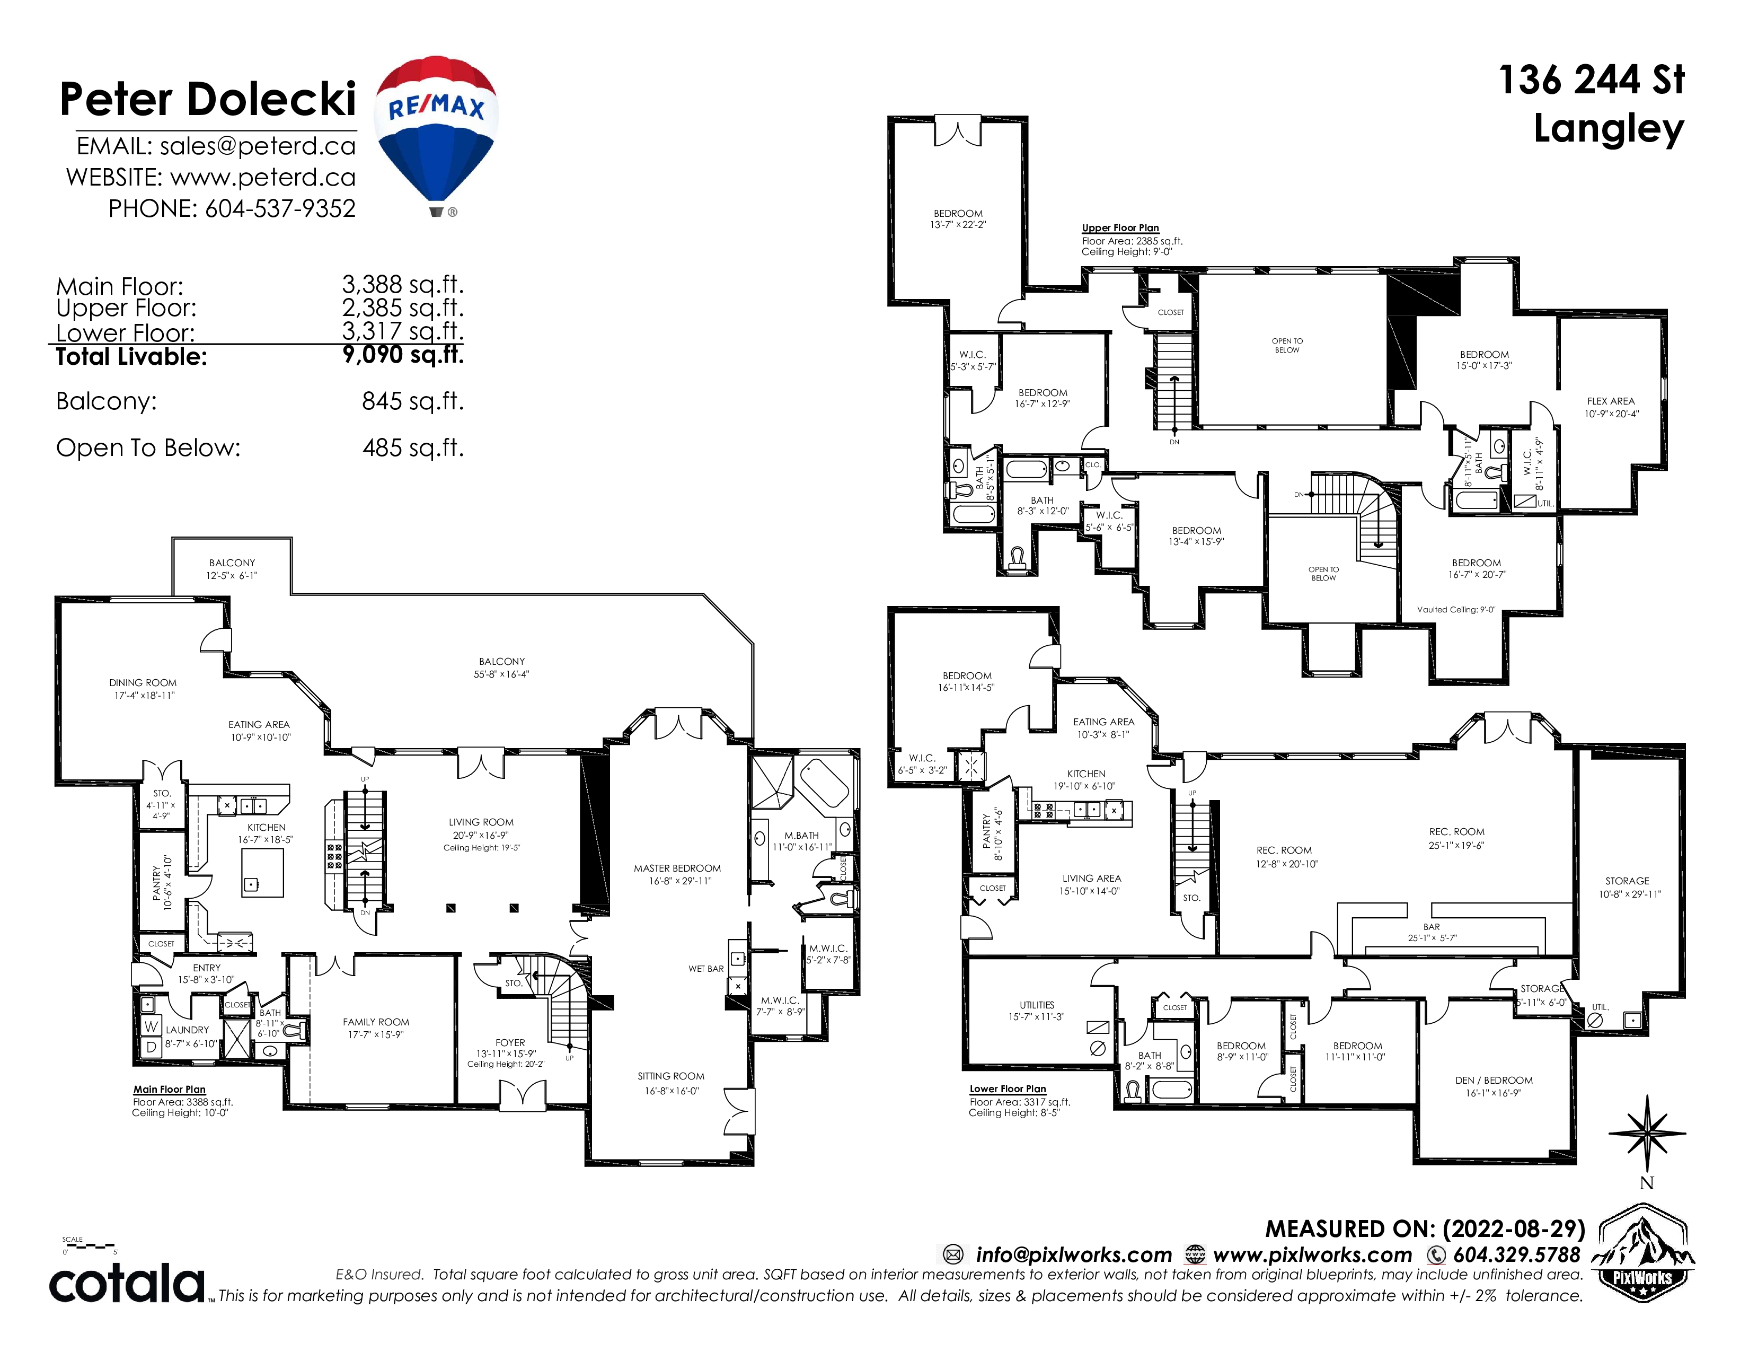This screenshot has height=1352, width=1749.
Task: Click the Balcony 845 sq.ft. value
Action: point(412,400)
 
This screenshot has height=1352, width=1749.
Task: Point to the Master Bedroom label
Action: point(677,868)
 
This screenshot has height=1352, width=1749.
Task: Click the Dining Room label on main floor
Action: point(143,683)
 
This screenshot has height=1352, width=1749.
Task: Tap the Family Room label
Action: point(376,1022)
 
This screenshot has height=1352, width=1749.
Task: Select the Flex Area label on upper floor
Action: point(1611,401)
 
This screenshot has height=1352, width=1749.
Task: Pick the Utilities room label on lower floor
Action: point(1037,1005)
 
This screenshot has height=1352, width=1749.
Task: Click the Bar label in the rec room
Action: point(1432,927)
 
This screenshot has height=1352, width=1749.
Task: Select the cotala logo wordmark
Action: point(127,1283)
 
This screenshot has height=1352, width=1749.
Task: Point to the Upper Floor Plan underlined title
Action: point(1120,229)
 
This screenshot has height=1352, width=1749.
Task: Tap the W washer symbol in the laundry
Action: point(151,1026)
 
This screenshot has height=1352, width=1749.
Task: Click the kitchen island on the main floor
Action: point(263,872)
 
